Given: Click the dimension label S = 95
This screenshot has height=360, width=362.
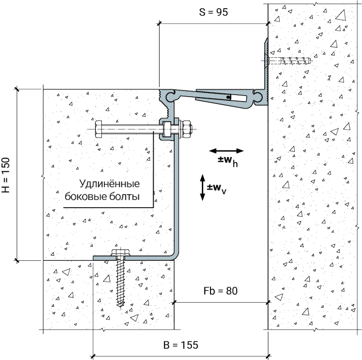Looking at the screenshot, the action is pyautogui.click(x=213, y=12).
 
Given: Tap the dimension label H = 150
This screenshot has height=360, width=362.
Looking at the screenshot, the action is pyautogui.click(x=6, y=175).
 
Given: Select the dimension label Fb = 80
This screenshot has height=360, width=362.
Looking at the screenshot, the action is pyautogui.click(x=220, y=291).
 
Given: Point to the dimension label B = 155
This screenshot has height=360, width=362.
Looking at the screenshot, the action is pyautogui.click(x=181, y=345).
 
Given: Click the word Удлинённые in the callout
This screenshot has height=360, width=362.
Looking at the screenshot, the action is pyautogui.click(x=110, y=184).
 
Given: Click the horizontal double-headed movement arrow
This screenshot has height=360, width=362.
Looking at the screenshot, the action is pyautogui.click(x=227, y=151).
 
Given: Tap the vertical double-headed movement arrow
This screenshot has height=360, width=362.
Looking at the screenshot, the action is pyautogui.click(x=203, y=187).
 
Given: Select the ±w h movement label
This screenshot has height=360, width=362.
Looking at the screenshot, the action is pyautogui.click(x=228, y=161).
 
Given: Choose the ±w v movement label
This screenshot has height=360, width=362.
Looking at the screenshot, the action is pyautogui.click(x=216, y=189).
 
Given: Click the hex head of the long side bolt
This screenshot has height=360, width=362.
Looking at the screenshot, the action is pyautogui.click(x=98, y=129).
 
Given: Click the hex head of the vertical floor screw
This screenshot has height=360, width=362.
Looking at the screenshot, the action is pyautogui.click(x=120, y=252).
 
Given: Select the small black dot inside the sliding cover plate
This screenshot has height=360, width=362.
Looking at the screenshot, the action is pyautogui.click(x=228, y=97).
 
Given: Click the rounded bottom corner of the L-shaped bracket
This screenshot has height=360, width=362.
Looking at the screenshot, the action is pyautogui.click(x=175, y=255).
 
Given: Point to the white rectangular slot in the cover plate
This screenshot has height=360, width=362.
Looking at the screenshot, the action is pyautogui.click(x=238, y=98).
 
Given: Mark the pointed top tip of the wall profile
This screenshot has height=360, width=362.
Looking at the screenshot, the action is pyautogui.click(x=267, y=38).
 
